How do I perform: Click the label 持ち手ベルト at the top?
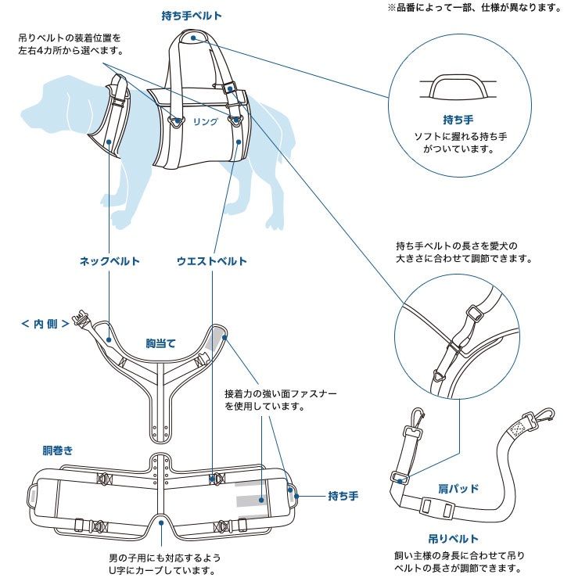point(192,16)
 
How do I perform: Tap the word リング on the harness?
point(206,123)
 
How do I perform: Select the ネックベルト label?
point(110,261)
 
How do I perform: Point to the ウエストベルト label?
point(212,261)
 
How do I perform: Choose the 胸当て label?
point(161,343)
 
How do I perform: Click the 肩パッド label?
point(458,489)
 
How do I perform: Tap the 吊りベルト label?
point(453,539)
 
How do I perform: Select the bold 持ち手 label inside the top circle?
point(458,120)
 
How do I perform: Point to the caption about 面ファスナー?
point(281,400)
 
